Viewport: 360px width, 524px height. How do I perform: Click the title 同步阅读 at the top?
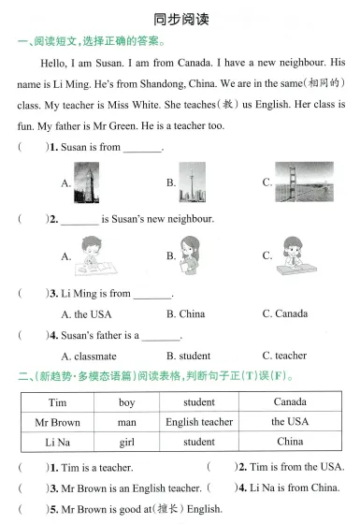(x=180, y=19)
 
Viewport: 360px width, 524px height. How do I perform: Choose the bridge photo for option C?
(x=304, y=182)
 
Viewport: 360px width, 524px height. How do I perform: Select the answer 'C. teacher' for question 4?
(x=284, y=356)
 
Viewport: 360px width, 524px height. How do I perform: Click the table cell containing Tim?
(x=57, y=402)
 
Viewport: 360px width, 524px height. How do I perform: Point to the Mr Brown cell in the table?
(x=57, y=422)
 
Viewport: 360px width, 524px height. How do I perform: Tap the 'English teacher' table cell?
(x=199, y=422)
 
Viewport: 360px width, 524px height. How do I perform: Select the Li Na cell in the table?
(x=57, y=442)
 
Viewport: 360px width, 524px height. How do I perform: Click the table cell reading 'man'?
(x=127, y=422)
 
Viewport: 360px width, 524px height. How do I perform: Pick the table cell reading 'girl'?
(x=127, y=442)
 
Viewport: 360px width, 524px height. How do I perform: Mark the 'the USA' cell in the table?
(x=290, y=422)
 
